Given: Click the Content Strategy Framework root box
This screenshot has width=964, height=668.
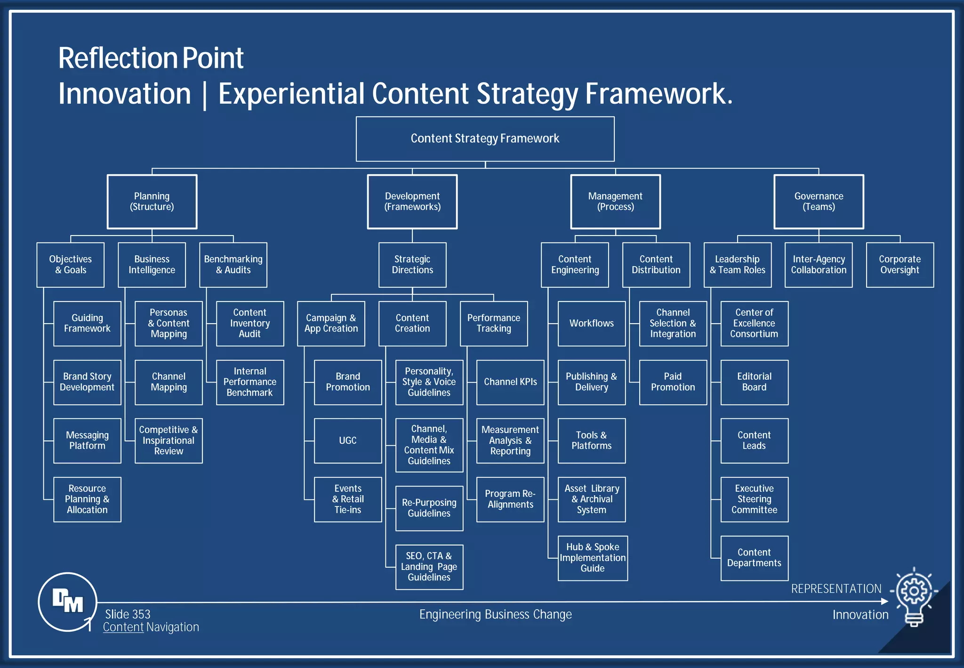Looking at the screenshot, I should point(485,139).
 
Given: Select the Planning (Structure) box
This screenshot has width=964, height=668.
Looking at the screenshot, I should point(152,202).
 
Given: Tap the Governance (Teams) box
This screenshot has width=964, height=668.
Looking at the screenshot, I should point(819,202).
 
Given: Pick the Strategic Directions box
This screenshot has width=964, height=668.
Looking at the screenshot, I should point(412,265).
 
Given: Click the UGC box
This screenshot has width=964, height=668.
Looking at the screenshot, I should point(348,440).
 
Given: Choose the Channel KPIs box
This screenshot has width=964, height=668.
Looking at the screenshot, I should point(510,382).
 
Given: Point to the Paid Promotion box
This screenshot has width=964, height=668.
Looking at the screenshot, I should point(673,382).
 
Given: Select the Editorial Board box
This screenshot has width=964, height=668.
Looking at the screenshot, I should point(754,382).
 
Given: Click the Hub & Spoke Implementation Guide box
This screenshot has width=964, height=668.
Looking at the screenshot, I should point(592,558).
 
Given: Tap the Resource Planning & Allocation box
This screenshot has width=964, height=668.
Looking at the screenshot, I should point(87,499).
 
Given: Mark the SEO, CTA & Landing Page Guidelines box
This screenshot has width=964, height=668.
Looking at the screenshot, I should point(429,567).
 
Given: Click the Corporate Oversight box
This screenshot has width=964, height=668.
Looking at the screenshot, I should point(900,265).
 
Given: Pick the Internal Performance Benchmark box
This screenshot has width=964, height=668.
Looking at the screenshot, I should point(249,382).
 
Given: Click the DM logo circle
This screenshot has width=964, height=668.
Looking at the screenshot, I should point(67,602).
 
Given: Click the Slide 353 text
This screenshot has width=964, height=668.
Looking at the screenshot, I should point(128,614).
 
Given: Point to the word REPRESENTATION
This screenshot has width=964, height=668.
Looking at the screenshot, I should point(836,589).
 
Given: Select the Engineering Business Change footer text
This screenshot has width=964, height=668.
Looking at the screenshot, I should point(495,615).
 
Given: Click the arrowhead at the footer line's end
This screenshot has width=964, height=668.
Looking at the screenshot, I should point(884,601).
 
